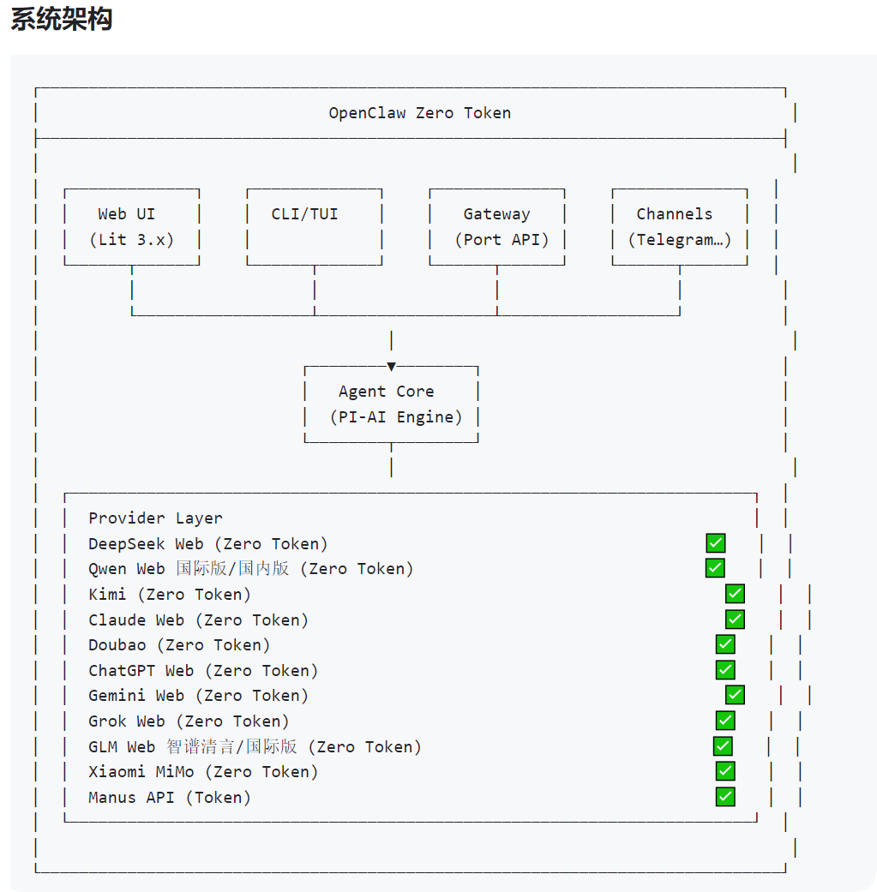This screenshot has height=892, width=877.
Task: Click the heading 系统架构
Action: [x=61, y=20]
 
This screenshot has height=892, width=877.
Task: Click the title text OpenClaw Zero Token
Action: [x=419, y=113]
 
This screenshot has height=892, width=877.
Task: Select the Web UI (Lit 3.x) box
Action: [x=131, y=227]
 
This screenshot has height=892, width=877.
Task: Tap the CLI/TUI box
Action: [x=314, y=227]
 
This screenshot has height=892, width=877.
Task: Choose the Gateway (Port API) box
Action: [x=496, y=227]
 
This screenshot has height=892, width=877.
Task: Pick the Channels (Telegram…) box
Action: [x=679, y=227]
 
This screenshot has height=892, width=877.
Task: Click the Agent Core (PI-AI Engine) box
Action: [x=391, y=404]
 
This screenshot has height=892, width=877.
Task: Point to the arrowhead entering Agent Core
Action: [x=391, y=367]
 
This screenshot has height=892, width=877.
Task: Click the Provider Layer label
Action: [x=155, y=518]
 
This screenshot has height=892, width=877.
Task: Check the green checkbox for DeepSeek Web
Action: [x=715, y=543]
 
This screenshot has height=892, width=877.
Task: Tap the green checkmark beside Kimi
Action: [x=735, y=594]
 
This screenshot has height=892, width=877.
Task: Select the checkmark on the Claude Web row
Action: [x=735, y=620]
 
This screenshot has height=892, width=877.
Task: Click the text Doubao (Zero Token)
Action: [x=179, y=645]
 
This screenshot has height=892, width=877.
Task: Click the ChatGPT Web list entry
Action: [x=203, y=671]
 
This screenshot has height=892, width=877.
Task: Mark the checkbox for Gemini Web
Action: [x=735, y=695]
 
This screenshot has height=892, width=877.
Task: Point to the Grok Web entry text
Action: [x=189, y=721]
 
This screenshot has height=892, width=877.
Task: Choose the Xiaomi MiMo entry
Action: [x=203, y=772]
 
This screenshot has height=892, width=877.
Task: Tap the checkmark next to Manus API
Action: [x=725, y=797]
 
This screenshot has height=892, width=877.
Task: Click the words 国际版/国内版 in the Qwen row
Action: [x=233, y=569]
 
